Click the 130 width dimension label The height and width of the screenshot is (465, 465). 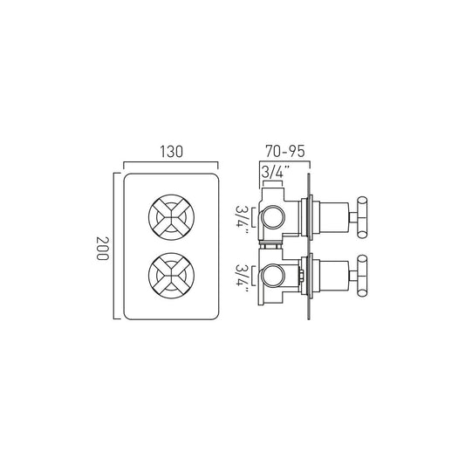(171, 152)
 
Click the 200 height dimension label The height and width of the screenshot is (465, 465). (102, 248)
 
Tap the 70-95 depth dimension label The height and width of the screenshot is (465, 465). (284, 151)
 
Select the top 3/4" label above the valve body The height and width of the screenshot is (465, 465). (275, 173)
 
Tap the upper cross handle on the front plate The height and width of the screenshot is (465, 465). (171, 217)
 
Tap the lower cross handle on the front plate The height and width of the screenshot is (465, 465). (171, 276)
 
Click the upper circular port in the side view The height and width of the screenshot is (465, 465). (273, 217)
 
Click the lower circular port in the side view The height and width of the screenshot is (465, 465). (273, 276)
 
